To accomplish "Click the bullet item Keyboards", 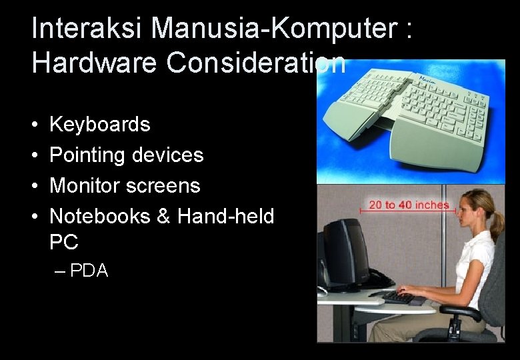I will pos(100,124).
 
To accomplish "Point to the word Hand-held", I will pos(225,216).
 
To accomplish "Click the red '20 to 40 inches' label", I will pos(409,205).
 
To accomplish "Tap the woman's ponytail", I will pos(496,223).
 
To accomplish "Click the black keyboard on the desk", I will pos(396,297).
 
